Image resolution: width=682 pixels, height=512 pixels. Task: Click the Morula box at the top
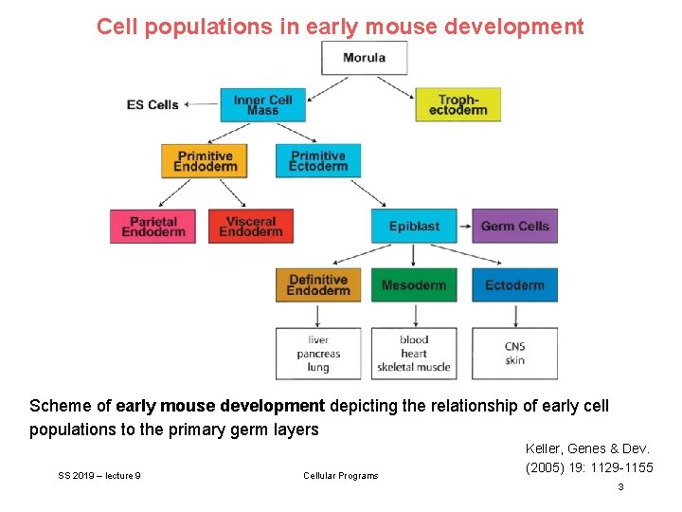coord(364,58)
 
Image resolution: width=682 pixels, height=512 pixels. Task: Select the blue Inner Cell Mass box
coord(262,104)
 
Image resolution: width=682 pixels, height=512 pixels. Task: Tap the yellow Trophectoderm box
coord(458,104)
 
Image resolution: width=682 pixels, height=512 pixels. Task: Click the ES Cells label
coord(153,104)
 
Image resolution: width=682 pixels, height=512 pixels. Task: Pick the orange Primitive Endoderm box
coord(205,161)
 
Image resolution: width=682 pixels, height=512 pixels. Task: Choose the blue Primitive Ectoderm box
coord(318,161)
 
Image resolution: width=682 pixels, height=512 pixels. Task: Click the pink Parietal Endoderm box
coord(153,227)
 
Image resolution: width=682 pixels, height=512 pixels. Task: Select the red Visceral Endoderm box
coord(250,227)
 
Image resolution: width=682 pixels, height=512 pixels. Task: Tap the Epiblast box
coord(414,227)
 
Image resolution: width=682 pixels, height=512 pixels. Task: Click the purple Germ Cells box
coord(514,227)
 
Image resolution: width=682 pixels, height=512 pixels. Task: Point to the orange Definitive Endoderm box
coord(318,285)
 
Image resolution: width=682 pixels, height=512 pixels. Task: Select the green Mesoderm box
coord(414,285)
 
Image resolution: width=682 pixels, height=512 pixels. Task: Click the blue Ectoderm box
coord(514,285)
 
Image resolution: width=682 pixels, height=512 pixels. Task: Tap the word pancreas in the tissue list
coord(318,354)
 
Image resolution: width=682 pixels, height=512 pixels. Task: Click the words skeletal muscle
coord(414,367)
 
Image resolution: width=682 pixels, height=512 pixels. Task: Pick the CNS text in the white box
coord(514,347)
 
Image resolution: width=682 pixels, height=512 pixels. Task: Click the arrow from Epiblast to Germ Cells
coord(464,227)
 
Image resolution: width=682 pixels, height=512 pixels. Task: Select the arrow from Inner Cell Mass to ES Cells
coord(200,104)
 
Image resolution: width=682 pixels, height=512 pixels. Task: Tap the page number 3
coord(620,486)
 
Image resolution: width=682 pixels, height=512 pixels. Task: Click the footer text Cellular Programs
coord(340,475)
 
